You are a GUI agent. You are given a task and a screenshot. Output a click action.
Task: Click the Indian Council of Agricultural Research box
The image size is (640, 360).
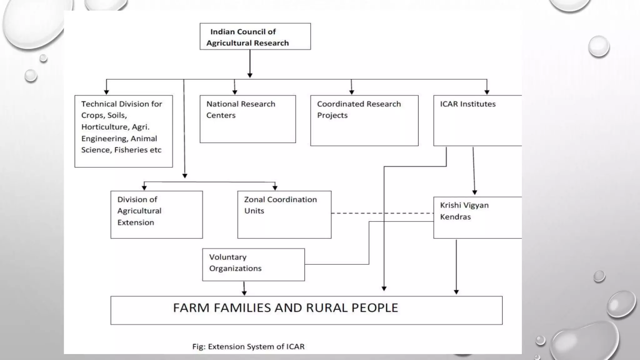point(255,37)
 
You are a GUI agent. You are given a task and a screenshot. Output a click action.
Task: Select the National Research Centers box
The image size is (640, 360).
point(247,119)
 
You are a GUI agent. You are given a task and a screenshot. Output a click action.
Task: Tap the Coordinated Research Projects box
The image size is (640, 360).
point(364,121)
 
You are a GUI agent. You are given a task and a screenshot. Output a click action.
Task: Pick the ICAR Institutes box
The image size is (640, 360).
point(477,121)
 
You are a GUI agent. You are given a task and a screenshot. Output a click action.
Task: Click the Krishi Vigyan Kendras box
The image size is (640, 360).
point(477,217)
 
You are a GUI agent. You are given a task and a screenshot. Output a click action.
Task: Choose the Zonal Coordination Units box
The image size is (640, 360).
point(284,215)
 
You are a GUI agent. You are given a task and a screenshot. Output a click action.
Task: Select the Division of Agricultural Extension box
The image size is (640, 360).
point(156,215)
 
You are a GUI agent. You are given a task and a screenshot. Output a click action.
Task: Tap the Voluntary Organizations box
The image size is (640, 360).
point(253,265)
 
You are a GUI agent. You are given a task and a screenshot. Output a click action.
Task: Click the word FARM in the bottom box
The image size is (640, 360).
point(191,308)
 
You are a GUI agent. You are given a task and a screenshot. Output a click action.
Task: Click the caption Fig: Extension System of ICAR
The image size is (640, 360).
point(248,347)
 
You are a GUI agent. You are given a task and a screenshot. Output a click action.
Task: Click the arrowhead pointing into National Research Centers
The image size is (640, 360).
point(235,92)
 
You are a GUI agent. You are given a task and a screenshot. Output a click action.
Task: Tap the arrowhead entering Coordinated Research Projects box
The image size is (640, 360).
point(352,92)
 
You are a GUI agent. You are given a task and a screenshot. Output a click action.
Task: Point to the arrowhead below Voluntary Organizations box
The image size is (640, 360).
point(244,293)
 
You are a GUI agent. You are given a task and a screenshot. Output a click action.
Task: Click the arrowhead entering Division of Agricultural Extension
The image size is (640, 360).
point(144,187)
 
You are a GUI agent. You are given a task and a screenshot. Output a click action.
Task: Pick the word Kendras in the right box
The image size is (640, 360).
point(455,217)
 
